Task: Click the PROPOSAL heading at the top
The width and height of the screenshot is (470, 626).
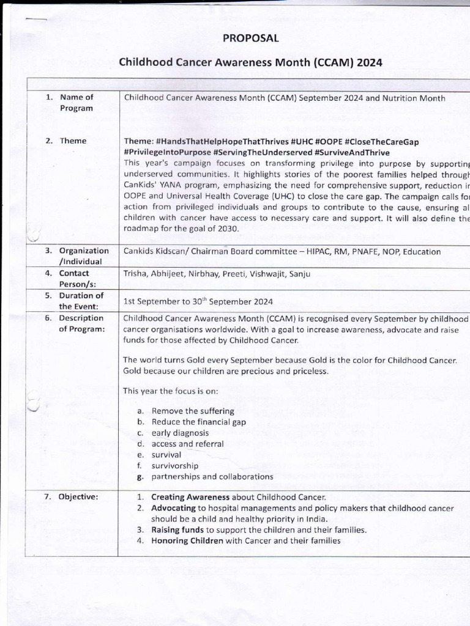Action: click(x=251, y=38)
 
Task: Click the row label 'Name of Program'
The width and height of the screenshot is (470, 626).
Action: click(x=76, y=103)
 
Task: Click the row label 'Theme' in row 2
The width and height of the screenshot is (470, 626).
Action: click(x=73, y=141)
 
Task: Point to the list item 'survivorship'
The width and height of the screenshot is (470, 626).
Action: click(x=174, y=466)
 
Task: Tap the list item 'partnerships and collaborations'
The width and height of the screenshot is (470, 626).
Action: click(x=212, y=477)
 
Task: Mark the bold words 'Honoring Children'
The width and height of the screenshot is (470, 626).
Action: click(x=187, y=541)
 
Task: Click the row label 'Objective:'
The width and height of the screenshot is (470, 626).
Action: click(x=78, y=497)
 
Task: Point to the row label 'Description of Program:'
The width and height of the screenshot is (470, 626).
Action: click(x=81, y=323)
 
